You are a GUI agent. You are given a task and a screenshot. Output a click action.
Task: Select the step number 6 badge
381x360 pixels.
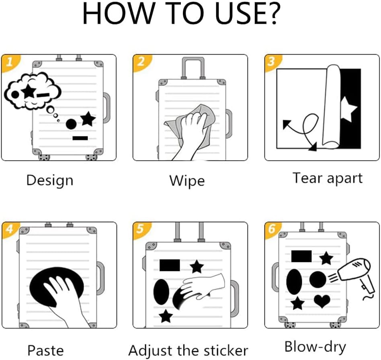[272, 229]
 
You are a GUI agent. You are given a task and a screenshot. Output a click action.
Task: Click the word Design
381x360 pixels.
[49, 181]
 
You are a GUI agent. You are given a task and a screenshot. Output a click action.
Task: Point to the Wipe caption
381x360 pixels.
[187, 181]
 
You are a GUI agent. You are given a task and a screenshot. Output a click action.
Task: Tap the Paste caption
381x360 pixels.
[45, 350]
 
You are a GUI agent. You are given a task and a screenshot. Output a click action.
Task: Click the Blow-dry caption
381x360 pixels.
[315, 347]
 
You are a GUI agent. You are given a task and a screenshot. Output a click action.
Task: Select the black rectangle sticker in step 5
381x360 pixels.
[170, 265]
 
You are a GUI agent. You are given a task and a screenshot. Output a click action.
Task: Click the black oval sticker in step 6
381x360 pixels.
[294, 282]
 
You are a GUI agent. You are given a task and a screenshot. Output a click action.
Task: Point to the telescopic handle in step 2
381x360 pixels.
[193, 67]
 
